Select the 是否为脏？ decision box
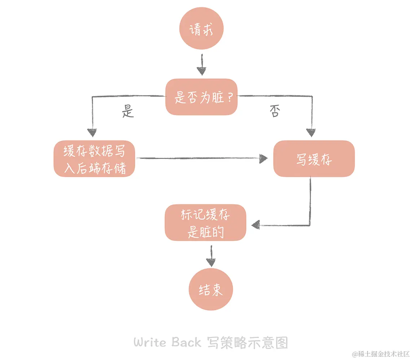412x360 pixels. click(202, 97)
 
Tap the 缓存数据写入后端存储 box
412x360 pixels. click(94, 159)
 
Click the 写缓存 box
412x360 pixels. click(314, 159)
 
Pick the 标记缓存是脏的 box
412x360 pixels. click(205, 223)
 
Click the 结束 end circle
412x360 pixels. click(211, 289)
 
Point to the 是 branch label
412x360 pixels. click(128, 112)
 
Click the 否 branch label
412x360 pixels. click(275, 112)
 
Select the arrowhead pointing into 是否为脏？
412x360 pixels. click(202, 71)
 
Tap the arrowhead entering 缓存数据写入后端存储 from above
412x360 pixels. click(93, 133)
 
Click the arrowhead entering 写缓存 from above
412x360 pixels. click(311, 133)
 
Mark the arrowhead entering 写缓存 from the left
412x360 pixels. click(264, 159)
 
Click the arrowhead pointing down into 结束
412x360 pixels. click(211, 263)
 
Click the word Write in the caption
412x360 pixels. click(150, 342)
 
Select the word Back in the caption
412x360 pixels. click(186, 342)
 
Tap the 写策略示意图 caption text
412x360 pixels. click(247, 342)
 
